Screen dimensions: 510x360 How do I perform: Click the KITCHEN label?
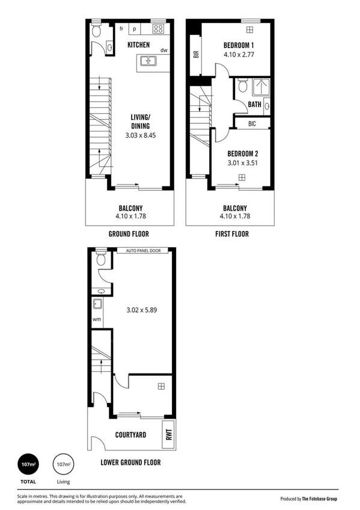(x=138, y=45)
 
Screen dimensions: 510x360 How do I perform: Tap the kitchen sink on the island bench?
(x=148, y=61)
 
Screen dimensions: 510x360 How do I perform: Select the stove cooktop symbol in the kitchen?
(x=159, y=28)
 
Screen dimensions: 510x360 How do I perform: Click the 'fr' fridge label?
(x=122, y=28)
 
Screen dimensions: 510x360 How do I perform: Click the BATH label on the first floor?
(x=255, y=105)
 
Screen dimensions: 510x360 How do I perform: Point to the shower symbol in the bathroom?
(x=260, y=87)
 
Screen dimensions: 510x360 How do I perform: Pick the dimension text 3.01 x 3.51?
(x=239, y=162)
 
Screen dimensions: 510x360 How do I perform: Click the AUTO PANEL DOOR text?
(x=143, y=251)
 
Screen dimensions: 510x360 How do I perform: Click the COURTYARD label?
(x=132, y=434)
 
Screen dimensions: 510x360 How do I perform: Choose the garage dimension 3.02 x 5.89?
(x=142, y=311)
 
